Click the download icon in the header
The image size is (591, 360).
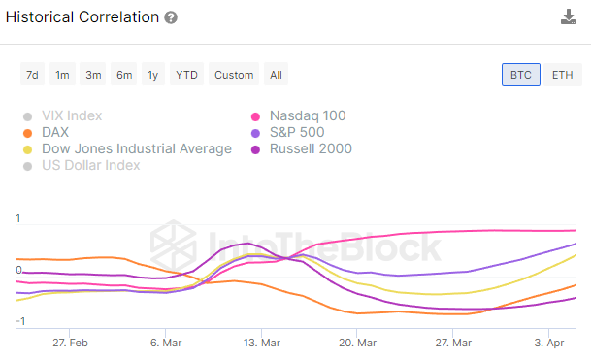[x=569, y=17]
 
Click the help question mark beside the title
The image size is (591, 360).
[x=171, y=17]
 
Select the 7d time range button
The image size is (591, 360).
[x=32, y=75]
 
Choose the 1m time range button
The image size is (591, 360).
[x=62, y=75]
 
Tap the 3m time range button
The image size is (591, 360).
[x=93, y=75]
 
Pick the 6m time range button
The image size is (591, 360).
[x=123, y=75]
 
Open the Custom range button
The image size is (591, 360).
[x=234, y=75]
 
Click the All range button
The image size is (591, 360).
[x=277, y=75]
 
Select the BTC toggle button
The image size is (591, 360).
[x=521, y=75]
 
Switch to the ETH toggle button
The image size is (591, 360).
[x=562, y=75]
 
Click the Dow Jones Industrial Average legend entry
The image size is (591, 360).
[x=135, y=149]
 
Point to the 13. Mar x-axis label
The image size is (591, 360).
[x=261, y=343]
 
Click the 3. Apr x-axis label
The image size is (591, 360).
[x=550, y=343]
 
